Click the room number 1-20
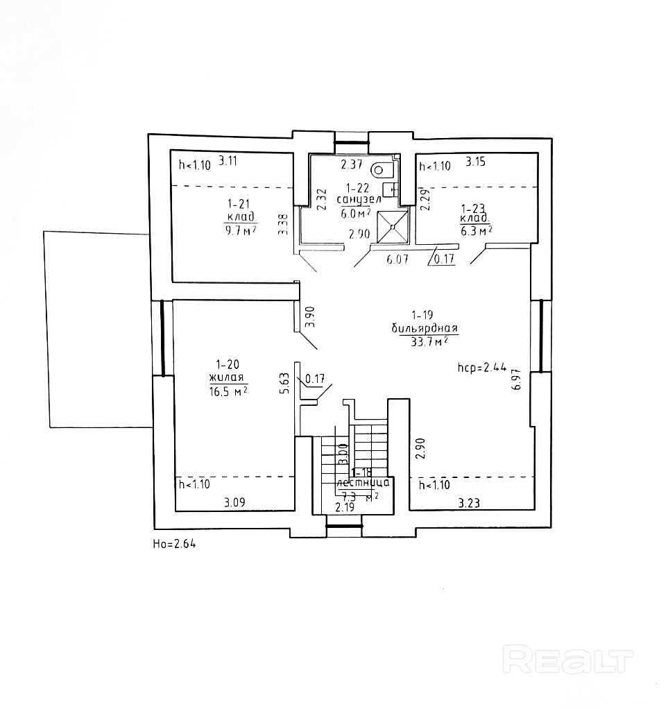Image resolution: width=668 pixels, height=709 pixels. click(x=228, y=364)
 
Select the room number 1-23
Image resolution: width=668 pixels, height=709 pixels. click(x=475, y=207)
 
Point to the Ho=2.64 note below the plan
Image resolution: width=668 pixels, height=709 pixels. click(x=174, y=543)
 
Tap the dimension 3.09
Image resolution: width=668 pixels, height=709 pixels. click(x=236, y=502)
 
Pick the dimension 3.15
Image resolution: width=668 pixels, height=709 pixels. click(x=476, y=162)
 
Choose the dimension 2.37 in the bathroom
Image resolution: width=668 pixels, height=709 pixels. click(x=351, y=165)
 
